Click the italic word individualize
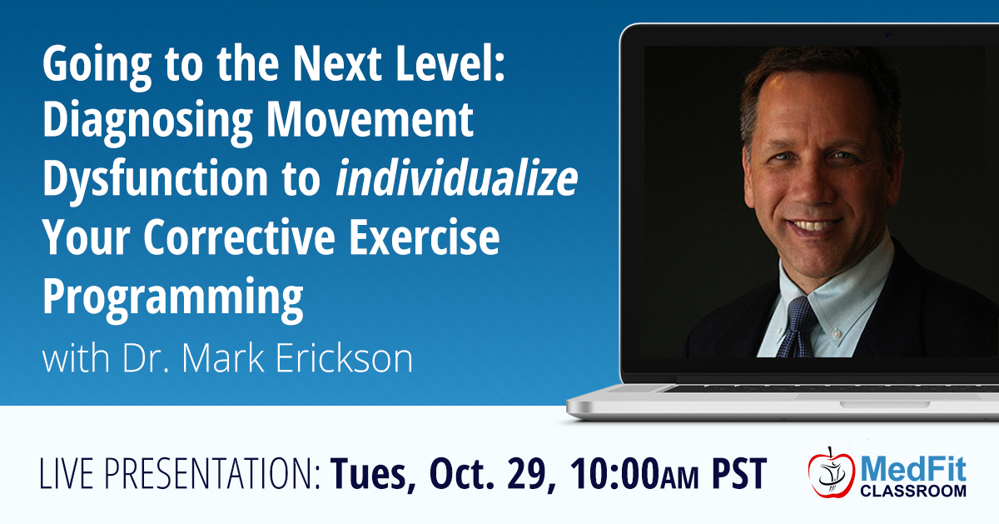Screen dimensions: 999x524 pyautogui.click(x=457, y=178)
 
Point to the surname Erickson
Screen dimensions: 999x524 pyautogui.click(x=344, y=358)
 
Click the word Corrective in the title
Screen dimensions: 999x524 pyautogui.click(x=239, y=237)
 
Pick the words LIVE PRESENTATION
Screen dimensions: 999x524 pyautogui.click(x=180, y=473)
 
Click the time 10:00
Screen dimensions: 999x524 pyautogui.click(x=614, y=473)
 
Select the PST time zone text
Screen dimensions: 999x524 pyautogui.click(x=739, y=473)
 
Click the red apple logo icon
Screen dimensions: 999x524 pyautogui.click(x=832, y=473)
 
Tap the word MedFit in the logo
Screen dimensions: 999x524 pyautogui.click(x=913, y=469)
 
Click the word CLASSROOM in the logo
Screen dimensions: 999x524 pyautogui.click(x=913, y=491)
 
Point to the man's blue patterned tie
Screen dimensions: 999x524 pyautogui.click(x=798, y=327)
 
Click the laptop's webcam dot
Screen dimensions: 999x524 pyautogui.click(x=887, y=35)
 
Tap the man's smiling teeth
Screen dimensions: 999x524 pyautogui.click(x=815, y=224)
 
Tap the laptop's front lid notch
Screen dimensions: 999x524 pyautogui.click(x=885, y=405)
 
